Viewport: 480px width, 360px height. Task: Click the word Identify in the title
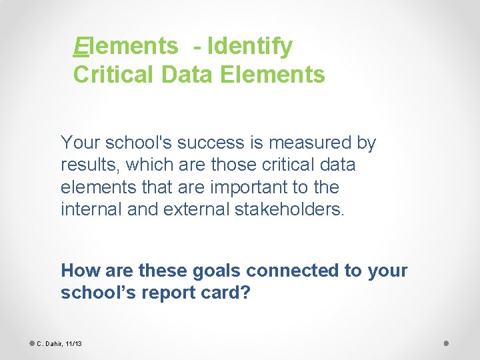click(249, 47)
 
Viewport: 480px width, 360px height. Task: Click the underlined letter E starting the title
click(80, 47)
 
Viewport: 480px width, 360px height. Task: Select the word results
click(89, 165)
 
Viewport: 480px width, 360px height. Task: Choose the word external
click(195, 209)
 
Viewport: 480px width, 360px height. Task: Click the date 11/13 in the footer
click(73, 344)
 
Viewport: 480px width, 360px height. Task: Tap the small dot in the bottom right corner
click(447, 343)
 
